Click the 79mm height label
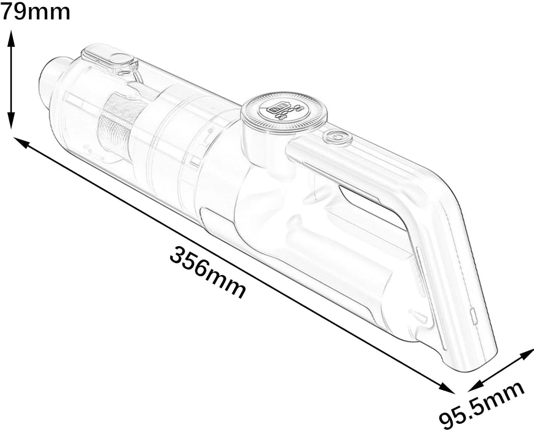tap(35, 12)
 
